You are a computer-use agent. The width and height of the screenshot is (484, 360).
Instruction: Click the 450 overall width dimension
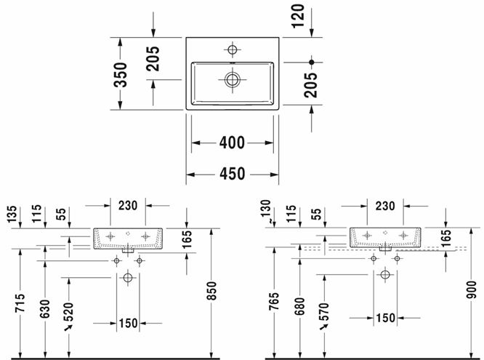point(232,174)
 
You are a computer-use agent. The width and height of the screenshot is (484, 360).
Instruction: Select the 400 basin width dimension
point(232,143)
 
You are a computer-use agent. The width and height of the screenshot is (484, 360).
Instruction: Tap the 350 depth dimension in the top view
point(121,75)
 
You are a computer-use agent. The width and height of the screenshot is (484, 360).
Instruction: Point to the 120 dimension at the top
point(299,16)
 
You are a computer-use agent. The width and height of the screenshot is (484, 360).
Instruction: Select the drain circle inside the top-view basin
point(232,79)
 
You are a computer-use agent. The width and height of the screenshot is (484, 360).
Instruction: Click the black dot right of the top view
point(312,62)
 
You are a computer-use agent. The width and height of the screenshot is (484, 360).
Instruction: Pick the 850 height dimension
point(211,290)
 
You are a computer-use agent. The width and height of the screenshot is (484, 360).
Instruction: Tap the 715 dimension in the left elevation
point(20,303)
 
